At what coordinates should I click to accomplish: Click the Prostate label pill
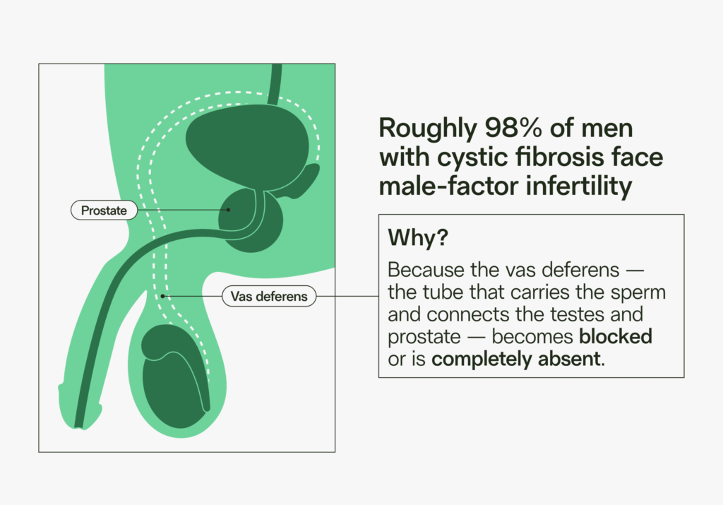point(103,210)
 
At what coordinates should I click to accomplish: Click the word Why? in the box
point(418,238)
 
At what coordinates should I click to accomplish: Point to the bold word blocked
point(612,336)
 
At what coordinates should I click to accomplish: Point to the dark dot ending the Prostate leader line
point(229,210)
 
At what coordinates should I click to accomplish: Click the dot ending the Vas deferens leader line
point(163,297)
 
